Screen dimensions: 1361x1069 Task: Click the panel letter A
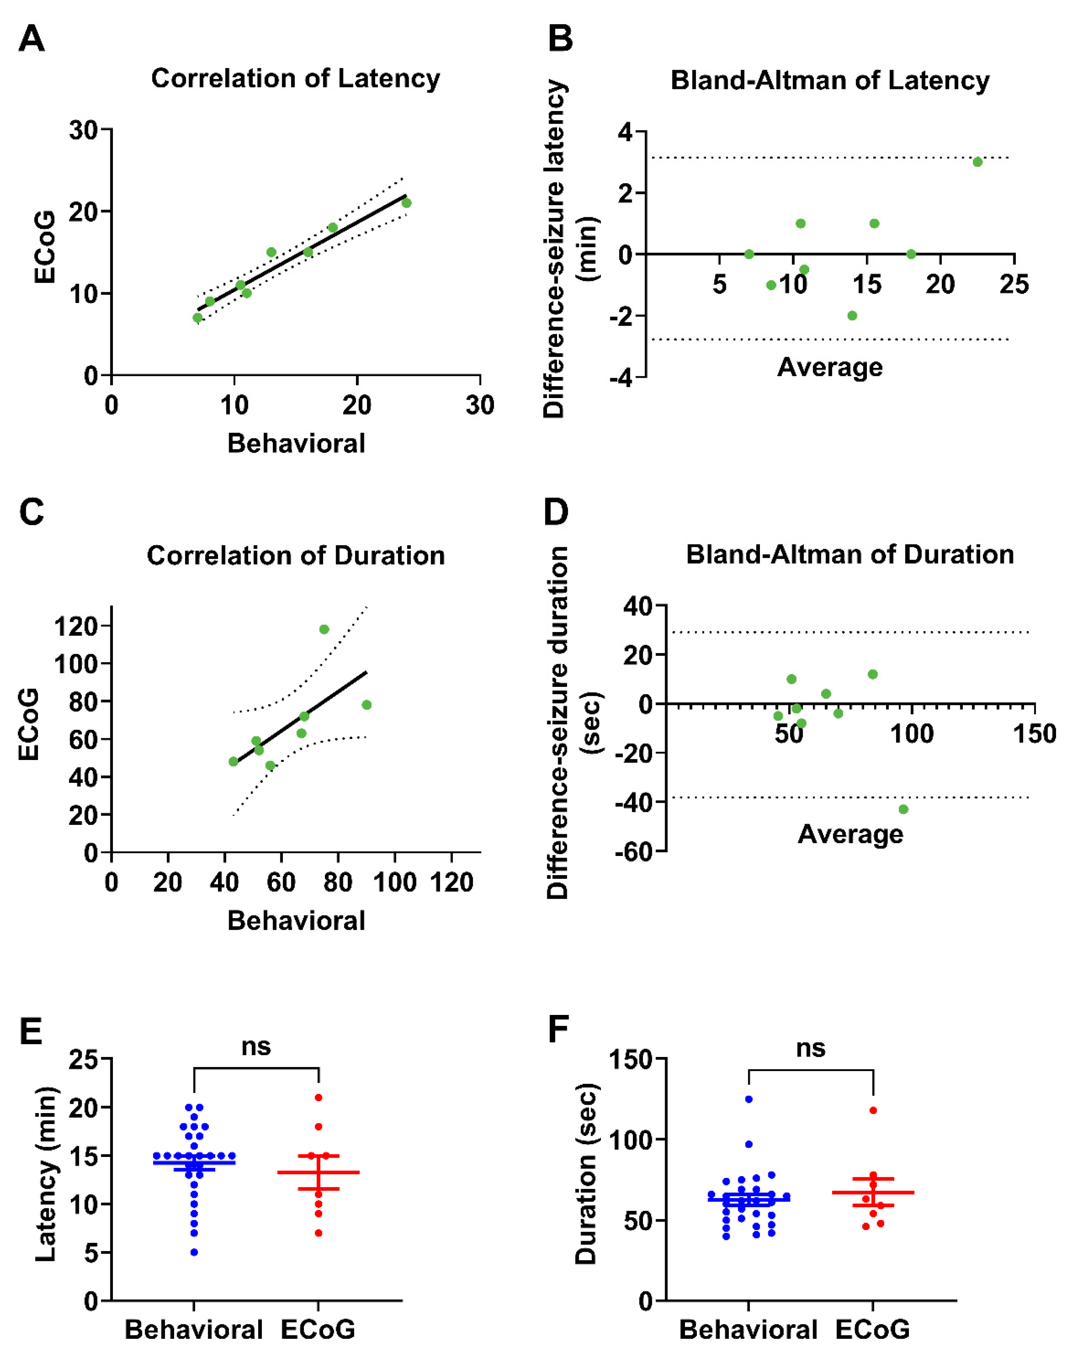point(31,39)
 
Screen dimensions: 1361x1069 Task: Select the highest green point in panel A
point(406,203)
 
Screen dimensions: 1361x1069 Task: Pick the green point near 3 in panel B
point(977,162)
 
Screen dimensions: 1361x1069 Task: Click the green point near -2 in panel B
point(852,315)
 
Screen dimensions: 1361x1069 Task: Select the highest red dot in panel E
point(319,1098)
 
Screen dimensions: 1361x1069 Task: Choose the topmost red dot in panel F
point(873,1110)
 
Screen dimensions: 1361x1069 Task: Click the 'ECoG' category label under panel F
point(872,1329)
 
